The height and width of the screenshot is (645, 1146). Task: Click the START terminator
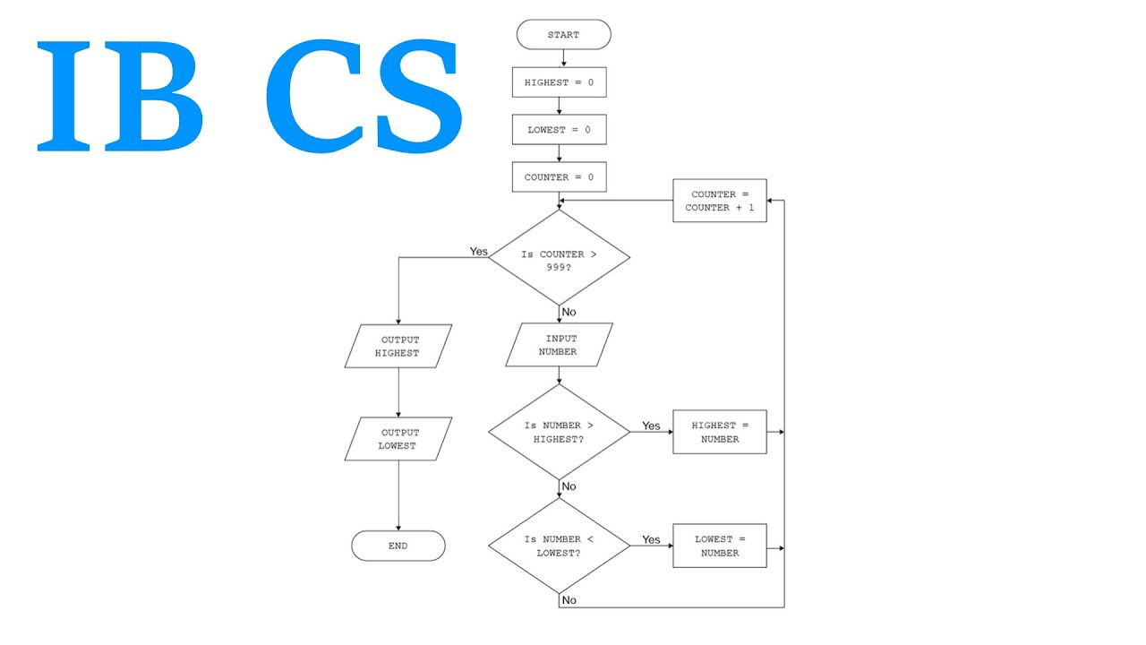tap(563, 35)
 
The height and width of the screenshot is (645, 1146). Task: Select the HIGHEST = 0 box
tap(559, 82)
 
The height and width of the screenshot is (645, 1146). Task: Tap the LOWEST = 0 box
tap(559, 130)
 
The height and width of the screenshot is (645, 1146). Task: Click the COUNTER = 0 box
tap(559, 177)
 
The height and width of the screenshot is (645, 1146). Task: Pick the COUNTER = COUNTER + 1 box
tap(719, 201)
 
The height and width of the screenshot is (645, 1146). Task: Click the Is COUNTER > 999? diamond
tap(559, 258)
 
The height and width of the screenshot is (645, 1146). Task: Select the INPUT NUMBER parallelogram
tap(559, 345)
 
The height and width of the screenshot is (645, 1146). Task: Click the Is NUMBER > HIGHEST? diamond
tap(559, 432)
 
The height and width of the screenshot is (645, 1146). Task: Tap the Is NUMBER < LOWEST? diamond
tap(559, 546)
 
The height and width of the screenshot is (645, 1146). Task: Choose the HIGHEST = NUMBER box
tap(719, 432)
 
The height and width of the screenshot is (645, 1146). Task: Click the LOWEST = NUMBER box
tap(719, 546)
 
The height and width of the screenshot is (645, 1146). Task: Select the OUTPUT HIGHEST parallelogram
tap(399, 347)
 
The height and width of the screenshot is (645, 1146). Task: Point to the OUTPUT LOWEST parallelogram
tap(399, 439)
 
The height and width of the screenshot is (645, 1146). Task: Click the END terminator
tap(398, 546)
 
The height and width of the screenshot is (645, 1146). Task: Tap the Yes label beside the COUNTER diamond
tap(479, 252)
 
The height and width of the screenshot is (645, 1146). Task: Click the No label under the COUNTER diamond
tap(569, 313)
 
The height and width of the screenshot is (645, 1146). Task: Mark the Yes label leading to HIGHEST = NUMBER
tap(651, 426)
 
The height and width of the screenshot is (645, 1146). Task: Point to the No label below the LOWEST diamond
tap(569, 600)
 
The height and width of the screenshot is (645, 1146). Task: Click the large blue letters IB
tap(121, 97)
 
